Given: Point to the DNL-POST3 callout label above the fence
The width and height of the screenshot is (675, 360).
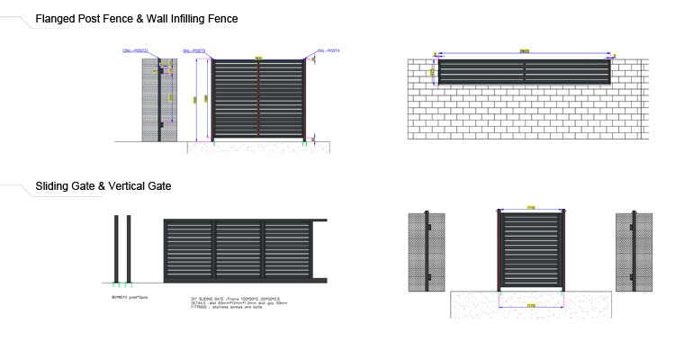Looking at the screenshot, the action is coord(193,52).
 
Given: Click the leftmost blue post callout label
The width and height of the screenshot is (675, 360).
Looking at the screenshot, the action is coord(132,52).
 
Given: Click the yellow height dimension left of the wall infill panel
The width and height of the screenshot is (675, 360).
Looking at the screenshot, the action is coord(432,70).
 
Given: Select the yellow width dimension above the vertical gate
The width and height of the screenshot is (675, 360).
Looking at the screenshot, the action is coord(531,208).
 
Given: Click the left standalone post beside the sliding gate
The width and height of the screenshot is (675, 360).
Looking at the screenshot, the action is coord(116,249).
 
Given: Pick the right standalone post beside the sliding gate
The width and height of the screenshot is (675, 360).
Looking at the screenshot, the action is coord(129,249).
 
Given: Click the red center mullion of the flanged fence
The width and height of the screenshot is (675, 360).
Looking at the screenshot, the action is coord(259,99).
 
